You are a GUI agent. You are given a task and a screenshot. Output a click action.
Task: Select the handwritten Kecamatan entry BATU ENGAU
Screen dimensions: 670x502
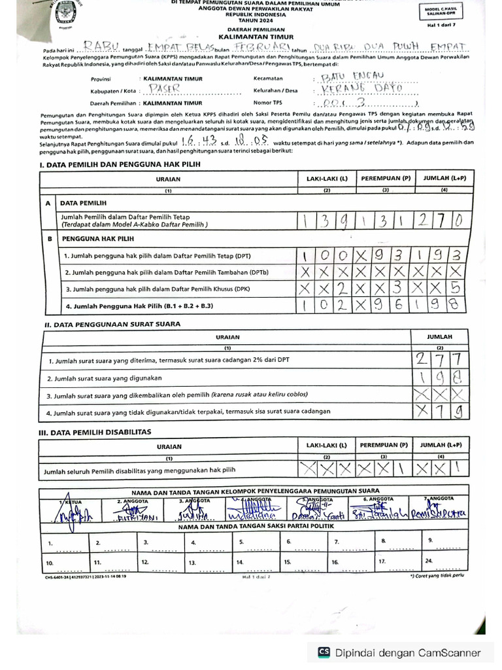click(x=351, y=77)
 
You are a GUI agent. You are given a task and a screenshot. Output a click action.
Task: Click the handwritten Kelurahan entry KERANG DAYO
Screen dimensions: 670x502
click(x=360, y=90)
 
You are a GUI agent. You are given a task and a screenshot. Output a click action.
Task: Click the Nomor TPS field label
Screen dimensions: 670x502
click(x=268, y=103)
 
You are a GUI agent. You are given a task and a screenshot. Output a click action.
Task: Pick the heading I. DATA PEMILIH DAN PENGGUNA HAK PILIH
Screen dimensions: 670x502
click(x=120, y=164)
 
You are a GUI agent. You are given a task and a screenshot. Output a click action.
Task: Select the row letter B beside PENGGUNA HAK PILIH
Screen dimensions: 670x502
click(x=48, y=239)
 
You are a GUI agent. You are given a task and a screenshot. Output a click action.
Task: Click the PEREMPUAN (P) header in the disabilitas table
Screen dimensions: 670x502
click(x=386, y=445)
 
